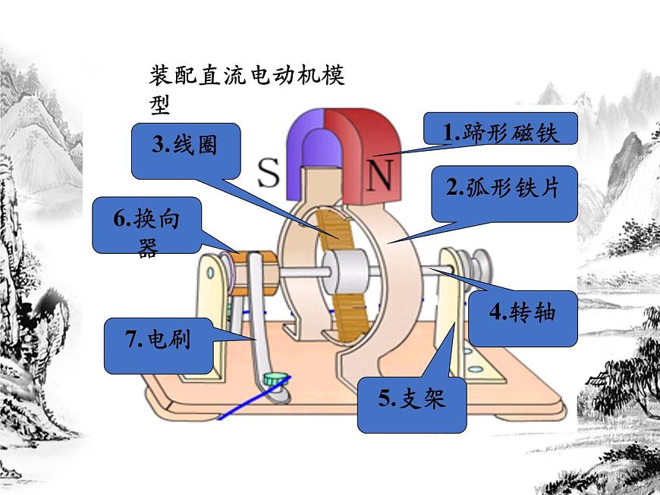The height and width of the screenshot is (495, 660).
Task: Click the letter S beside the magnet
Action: click(269, 174)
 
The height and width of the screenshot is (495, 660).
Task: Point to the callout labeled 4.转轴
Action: click(523, 312)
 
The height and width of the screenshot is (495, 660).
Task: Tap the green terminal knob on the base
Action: click(273, 378)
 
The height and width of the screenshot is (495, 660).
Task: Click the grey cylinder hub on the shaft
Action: click(344, 271)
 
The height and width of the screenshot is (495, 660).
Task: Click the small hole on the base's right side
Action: click(476, 370)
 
